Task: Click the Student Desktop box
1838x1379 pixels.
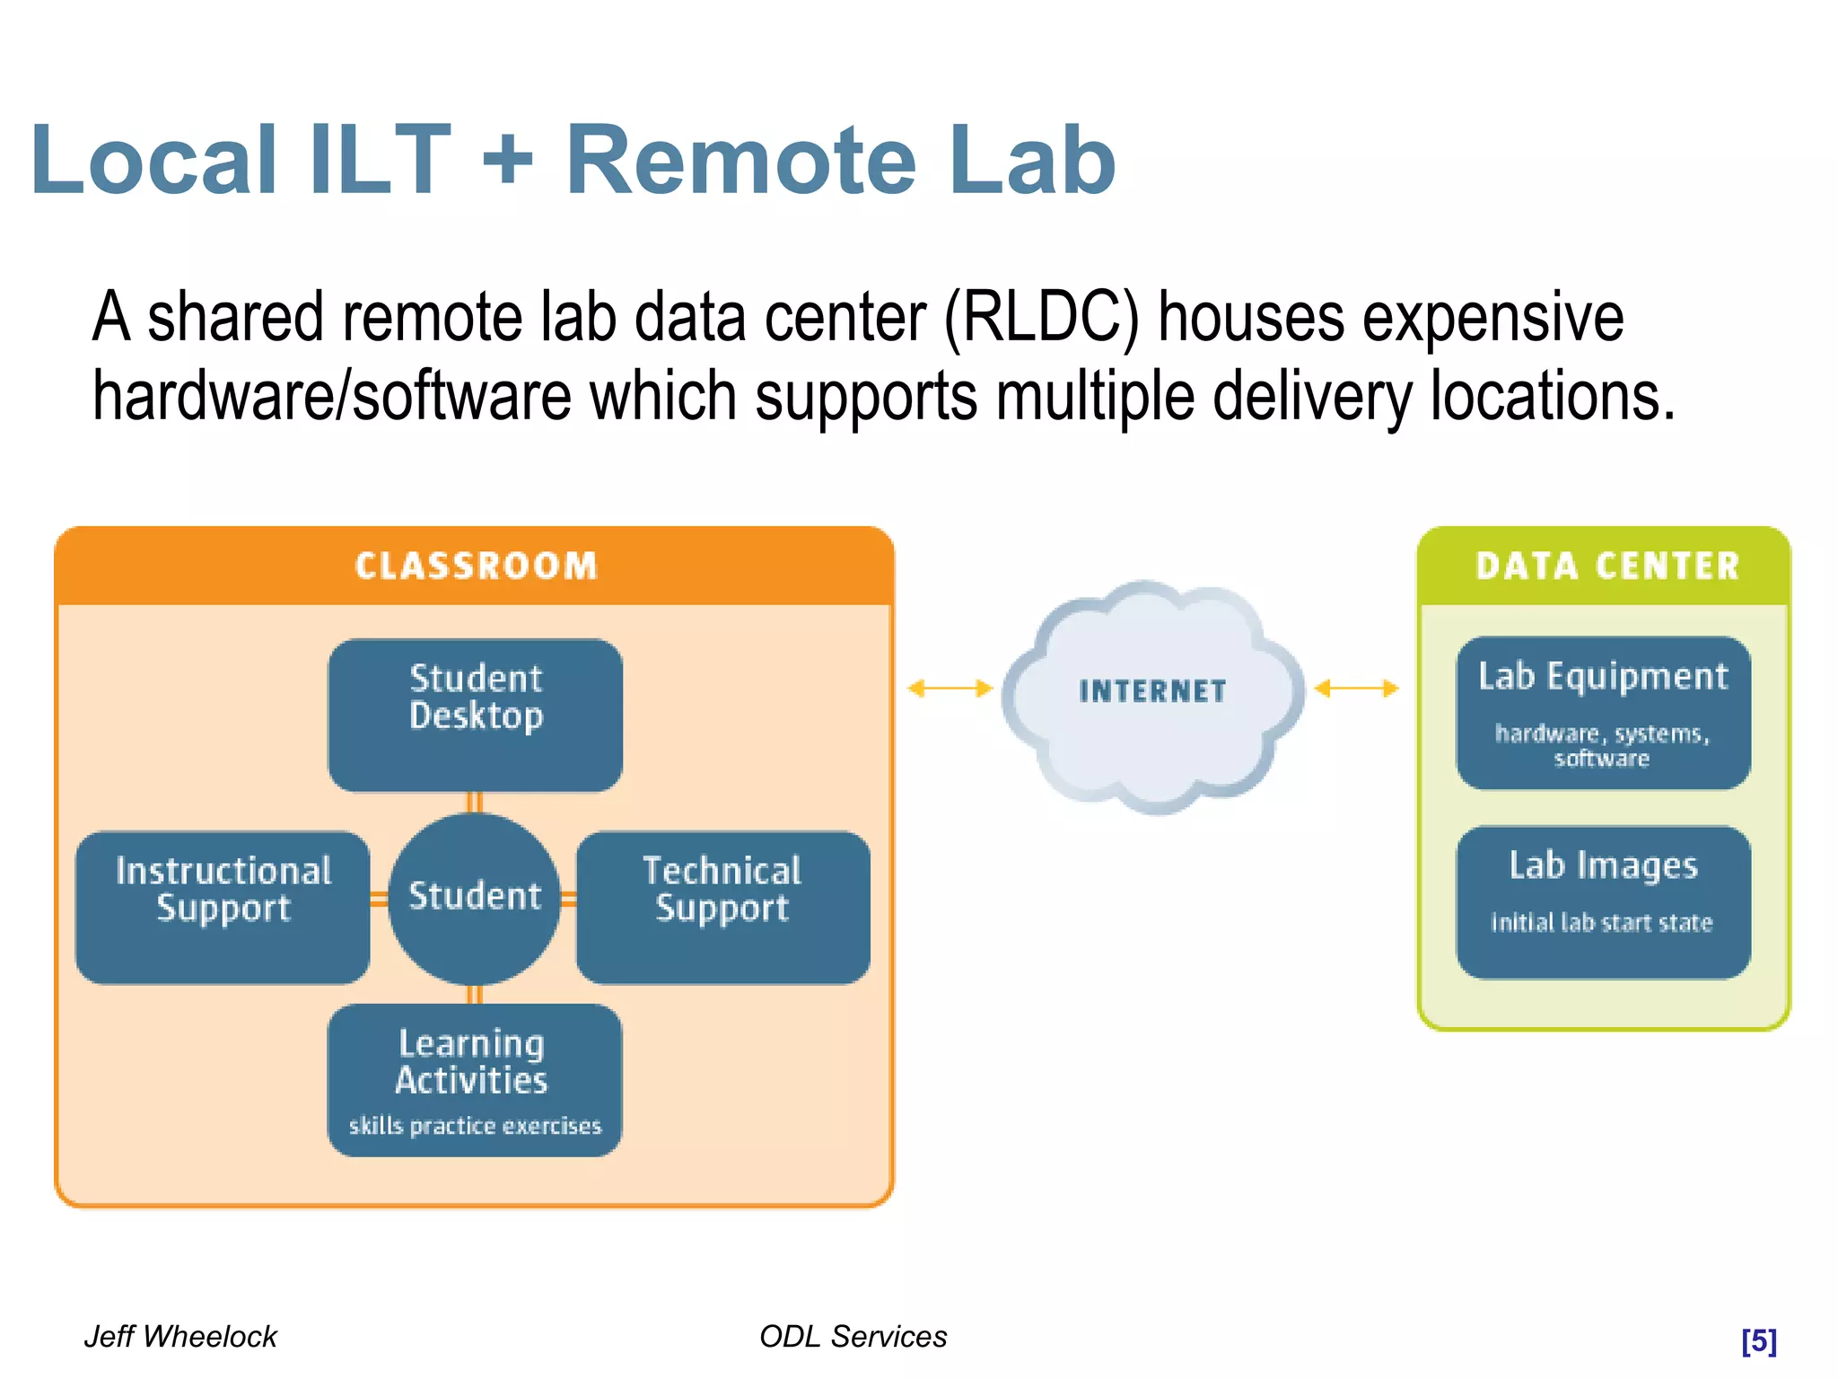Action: pos(476,715)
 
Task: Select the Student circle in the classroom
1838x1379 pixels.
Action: pos(475,898)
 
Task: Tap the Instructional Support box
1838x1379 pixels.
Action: pos(223,907)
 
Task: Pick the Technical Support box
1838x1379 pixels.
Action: pos(722,907)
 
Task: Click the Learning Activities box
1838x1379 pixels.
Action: pos(474,1079)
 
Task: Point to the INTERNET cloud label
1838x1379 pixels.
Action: pos(1152,691)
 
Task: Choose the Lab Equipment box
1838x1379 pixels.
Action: pos(1603,713)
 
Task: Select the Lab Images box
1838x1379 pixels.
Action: pos(1603,901)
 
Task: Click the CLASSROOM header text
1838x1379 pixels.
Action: pos(476,567)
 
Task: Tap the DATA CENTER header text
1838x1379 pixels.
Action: pos(1607,567)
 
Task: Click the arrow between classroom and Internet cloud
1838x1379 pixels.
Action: pos(950,689)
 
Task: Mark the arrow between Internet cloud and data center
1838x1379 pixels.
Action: pos(1356,689)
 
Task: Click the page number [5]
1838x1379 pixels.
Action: pos(1758,1340)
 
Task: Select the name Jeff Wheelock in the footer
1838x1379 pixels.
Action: pos(180,1337)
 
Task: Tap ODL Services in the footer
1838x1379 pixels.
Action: pos(853,1337)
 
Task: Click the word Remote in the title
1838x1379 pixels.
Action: pos(741,162)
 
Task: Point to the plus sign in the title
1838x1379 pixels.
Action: pos(508,162)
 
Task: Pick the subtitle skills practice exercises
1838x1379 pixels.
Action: pos(475,1126)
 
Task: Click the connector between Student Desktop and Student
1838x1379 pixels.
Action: pos(475,803)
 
